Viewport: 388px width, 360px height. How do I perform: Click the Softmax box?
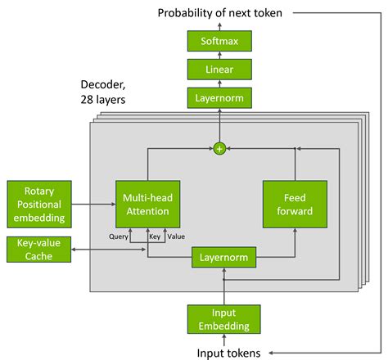click(219, 41)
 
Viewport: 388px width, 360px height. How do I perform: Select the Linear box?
click(219, 70)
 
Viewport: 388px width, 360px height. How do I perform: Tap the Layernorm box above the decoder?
click(219, 99)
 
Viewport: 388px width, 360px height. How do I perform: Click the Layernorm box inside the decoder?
click(223, 259)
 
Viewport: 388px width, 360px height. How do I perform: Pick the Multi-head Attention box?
click(147, 205)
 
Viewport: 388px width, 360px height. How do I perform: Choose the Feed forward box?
click(294, 205)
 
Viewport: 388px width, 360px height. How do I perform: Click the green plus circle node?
click(219, 149)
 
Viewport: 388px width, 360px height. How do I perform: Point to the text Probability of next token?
click(219, 12)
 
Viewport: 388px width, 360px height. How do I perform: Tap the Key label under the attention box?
click(153, 237)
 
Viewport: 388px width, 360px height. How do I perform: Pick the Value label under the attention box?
click(175, 237)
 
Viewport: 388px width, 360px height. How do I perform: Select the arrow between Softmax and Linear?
click(219, 55)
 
